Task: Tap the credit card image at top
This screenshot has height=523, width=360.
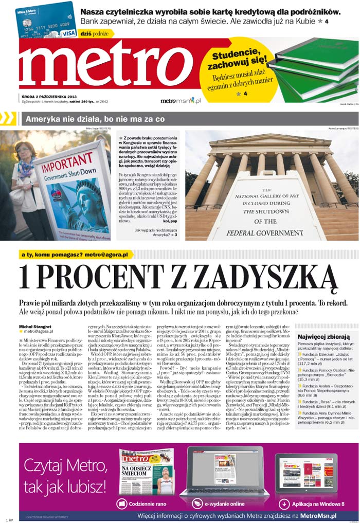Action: [x=47, y=21]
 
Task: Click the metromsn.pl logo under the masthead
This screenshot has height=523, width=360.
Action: [x=181, y=101]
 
